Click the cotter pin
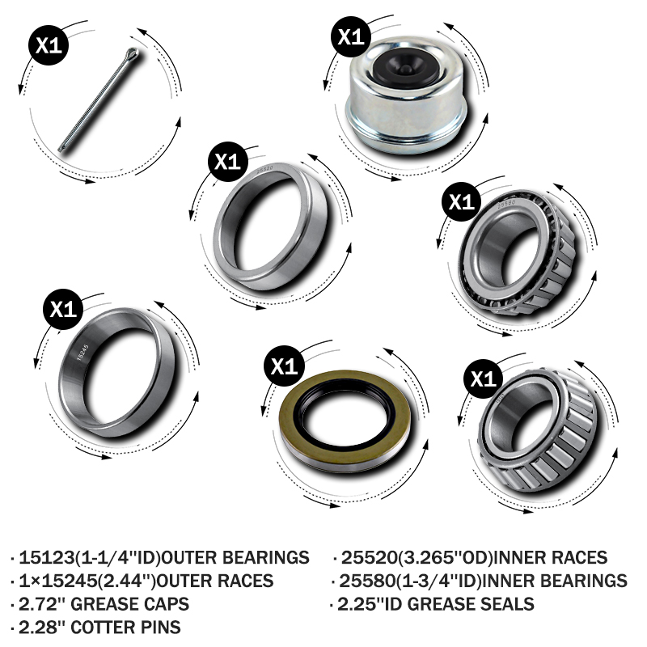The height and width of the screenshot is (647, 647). tap(99, 99)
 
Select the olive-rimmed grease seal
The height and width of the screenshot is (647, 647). tap(345, 421)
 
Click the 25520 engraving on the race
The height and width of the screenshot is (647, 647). tap(264, 169)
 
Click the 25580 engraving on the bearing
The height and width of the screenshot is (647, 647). tap(506, 204)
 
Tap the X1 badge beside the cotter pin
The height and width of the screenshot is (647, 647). tap(49, 44)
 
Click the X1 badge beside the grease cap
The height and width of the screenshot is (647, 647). tap(351, 36)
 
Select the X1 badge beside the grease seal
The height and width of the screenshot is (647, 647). tap(284, 366)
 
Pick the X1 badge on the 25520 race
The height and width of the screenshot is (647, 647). tap(228, 162)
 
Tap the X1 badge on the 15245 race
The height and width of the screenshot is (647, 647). tap(63, 309)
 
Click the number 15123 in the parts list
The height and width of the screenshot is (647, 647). tap(47, 557)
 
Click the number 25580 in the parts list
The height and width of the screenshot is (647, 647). tap(367, 581)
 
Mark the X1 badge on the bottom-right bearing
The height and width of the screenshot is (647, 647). tap(483, 378)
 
